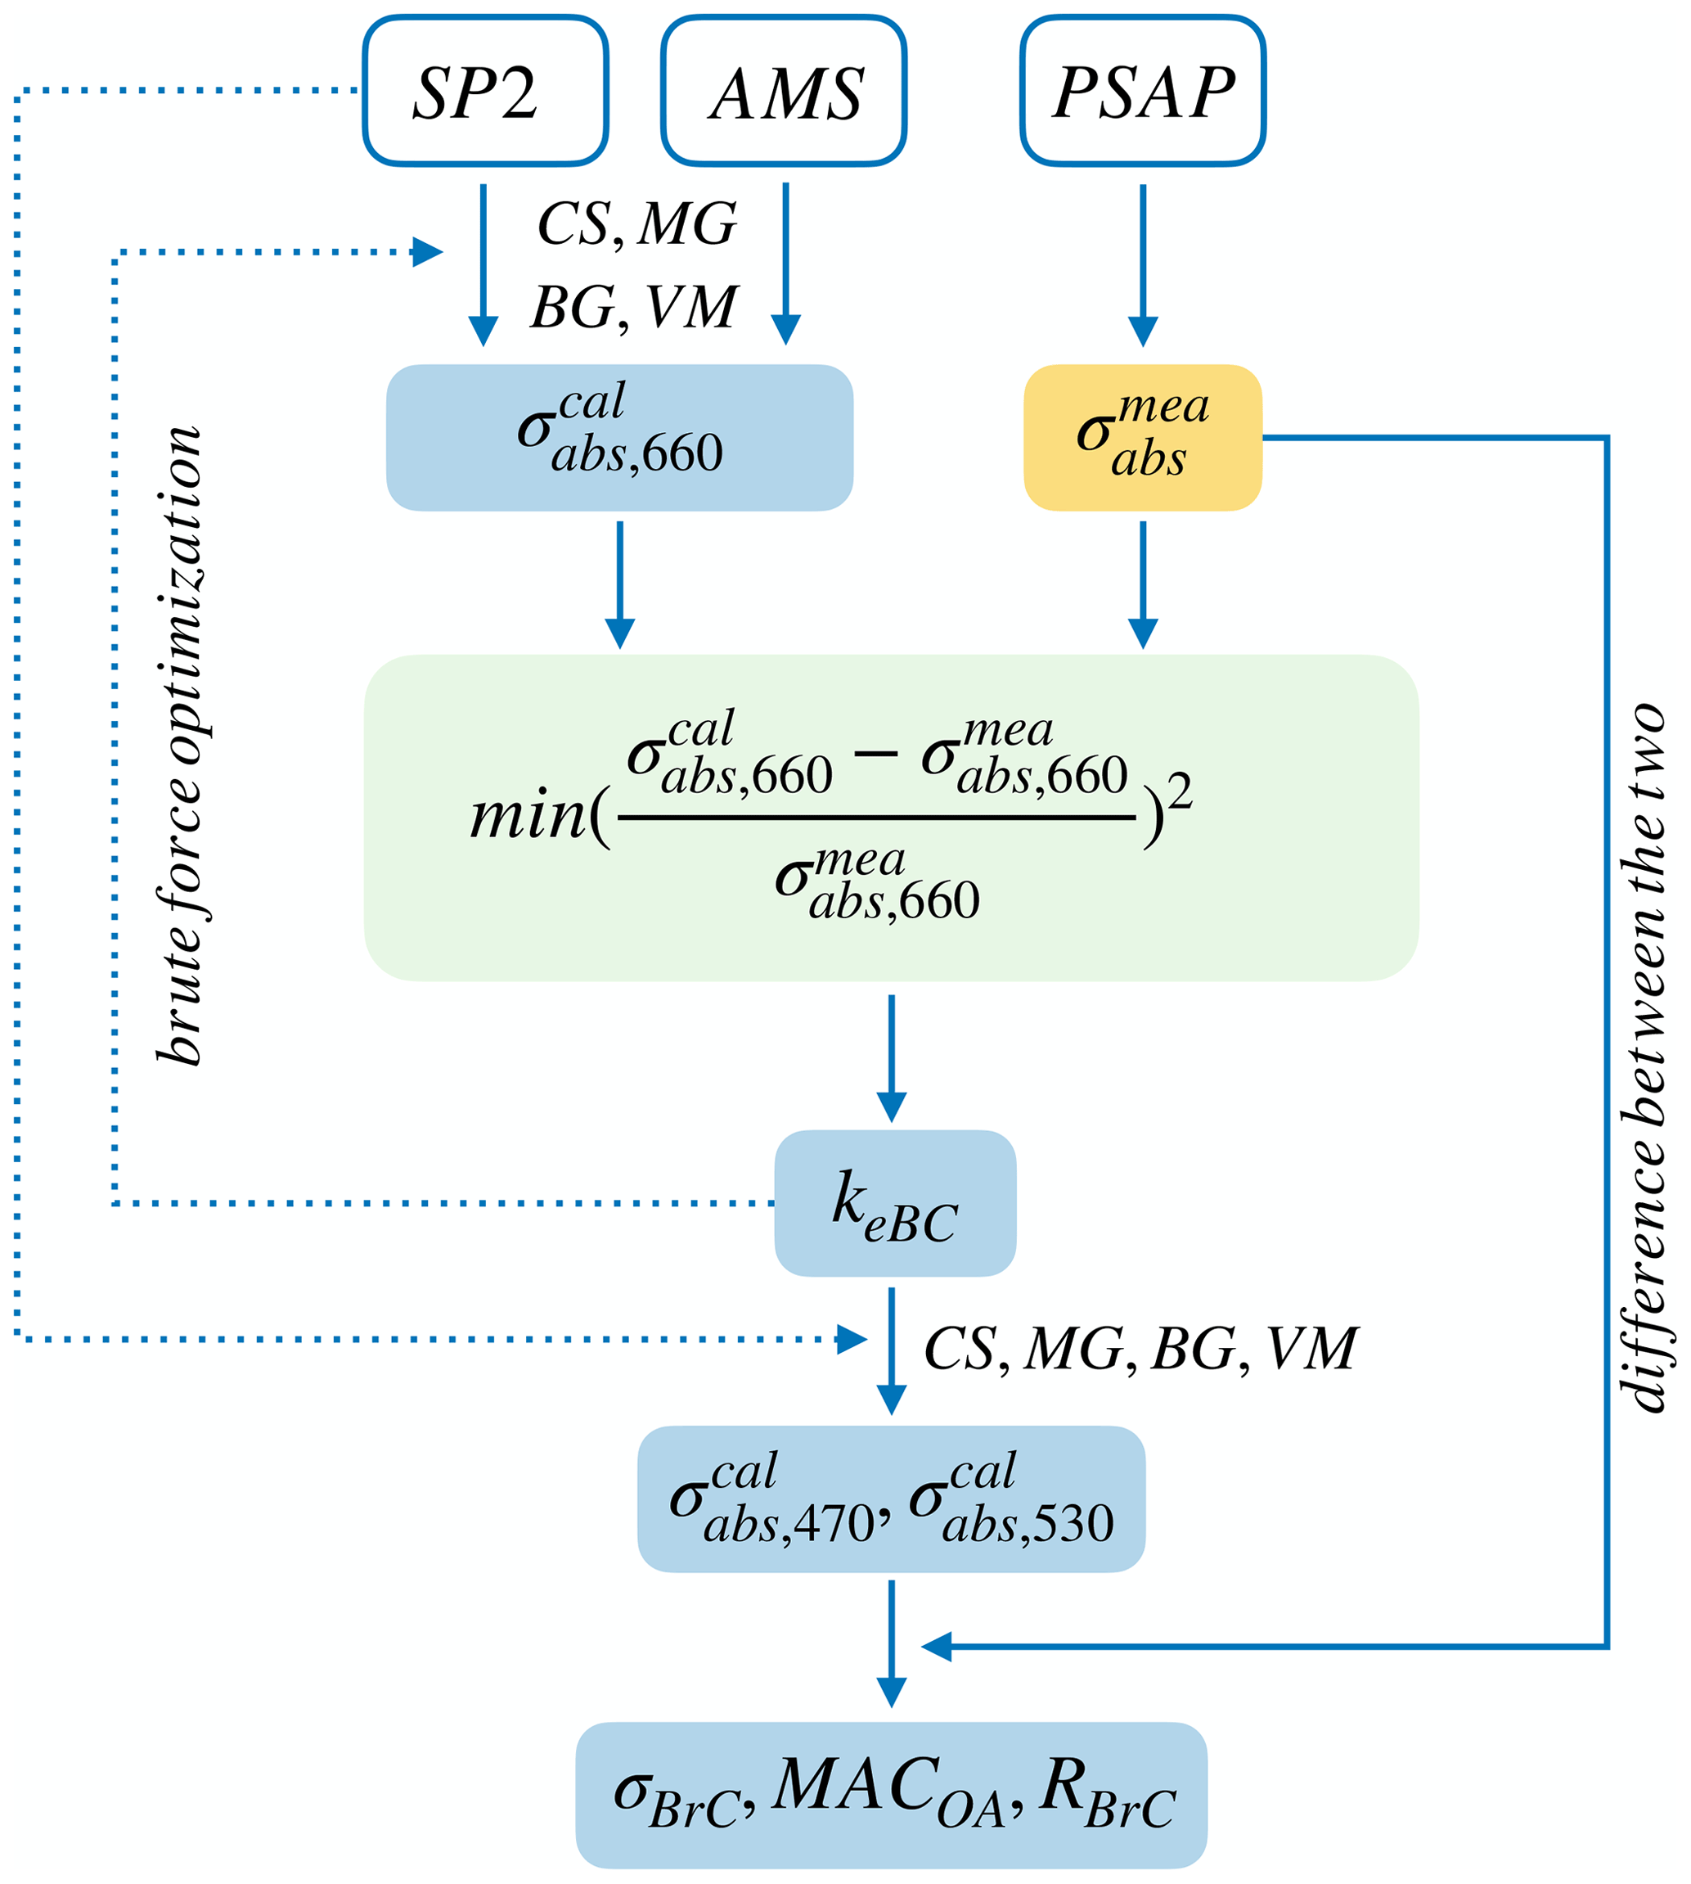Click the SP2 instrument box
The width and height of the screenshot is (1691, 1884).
coord(485,91)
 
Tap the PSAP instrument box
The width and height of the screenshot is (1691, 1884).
coord(1143,91)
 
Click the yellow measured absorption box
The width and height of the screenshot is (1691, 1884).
coord(1142,437)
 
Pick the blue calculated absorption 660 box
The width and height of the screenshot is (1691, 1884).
coord(620,437)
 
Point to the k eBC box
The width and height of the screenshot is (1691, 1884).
coord(895,1203)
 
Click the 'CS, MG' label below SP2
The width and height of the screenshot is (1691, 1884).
coord(637,224)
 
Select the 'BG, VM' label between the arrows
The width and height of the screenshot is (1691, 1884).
coord(635,307)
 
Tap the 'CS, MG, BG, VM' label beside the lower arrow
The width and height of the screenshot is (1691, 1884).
coord(1141,1349)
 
